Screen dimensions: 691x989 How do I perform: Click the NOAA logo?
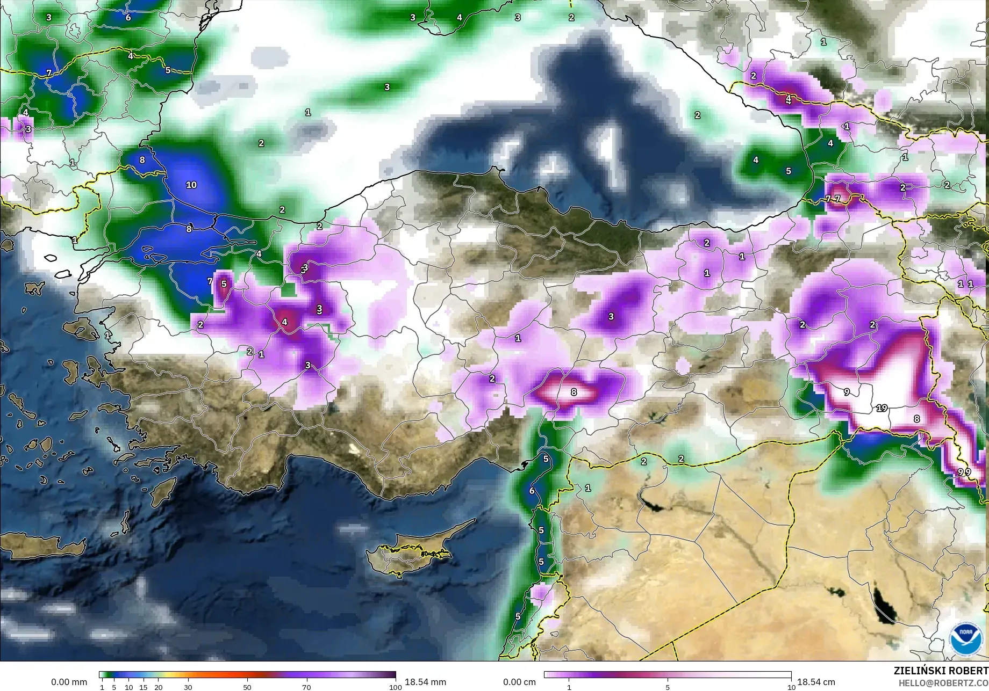[965, 639]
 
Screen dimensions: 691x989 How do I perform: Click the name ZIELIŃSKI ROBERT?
[941, 671]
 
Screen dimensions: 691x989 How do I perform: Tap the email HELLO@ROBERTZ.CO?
[944, 682]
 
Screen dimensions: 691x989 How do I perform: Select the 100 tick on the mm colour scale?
[395, 687]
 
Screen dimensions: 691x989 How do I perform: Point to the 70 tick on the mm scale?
[306, 687]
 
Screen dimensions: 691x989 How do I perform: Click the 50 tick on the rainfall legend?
[247, 687]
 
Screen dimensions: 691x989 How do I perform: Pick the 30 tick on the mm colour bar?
[188, 687]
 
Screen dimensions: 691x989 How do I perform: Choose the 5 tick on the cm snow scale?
[668, 687]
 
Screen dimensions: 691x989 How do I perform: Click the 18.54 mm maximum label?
[425, 682]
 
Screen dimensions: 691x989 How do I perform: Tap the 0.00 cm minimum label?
[519, 682]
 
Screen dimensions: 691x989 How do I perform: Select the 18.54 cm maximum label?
[816, 682]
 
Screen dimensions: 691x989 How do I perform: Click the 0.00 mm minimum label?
[69, 682]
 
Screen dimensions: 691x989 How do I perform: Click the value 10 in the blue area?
[191, 185]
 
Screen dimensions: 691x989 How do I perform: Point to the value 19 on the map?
[881, 408]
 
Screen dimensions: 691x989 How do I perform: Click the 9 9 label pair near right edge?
[964, 472]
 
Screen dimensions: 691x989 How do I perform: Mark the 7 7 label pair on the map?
[833, 199]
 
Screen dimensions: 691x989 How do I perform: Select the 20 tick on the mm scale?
[158, 687]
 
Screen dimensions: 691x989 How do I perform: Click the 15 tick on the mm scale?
[144, 687]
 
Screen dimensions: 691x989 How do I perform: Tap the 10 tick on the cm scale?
[791, 687]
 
